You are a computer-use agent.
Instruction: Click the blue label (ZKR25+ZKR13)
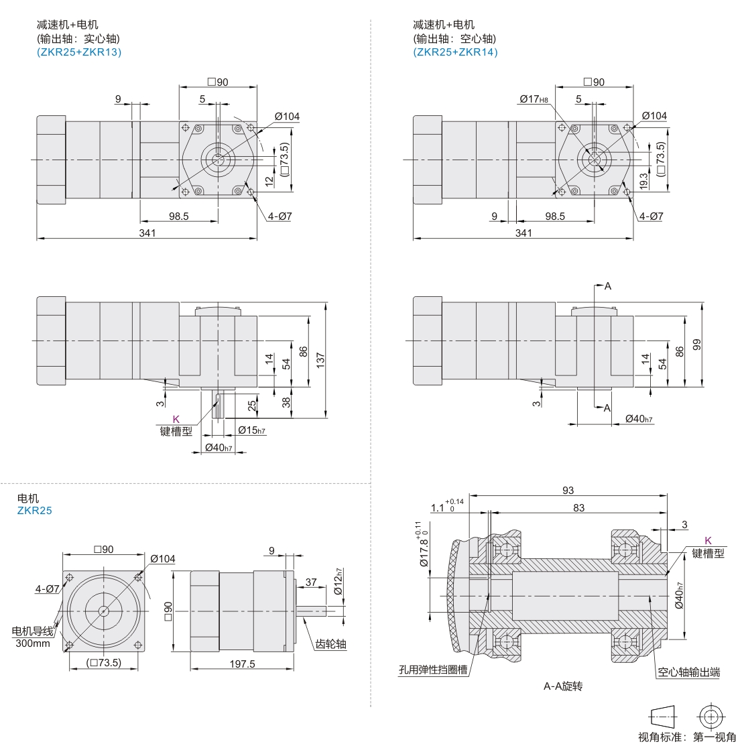pos(79,52)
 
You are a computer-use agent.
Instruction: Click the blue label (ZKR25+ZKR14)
pos(456,52)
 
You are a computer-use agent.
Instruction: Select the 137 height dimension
pos(320,360)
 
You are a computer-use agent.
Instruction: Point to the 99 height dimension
pos(696,345)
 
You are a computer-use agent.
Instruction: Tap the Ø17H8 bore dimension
pos(534,99)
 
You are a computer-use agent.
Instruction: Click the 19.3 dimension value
pos(644,181)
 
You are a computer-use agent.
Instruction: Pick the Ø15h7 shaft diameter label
pos(251,430)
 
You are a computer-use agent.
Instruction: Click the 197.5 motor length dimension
pos(242,664)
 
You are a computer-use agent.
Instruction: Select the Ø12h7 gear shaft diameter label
pos(338,582)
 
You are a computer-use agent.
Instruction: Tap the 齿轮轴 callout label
pos(330,644)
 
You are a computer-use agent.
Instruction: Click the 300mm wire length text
pos(33,643)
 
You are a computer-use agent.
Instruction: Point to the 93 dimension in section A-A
pos(568,490)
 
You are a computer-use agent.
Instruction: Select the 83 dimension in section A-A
pos(579,507)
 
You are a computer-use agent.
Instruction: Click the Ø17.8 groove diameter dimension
pos(423,545)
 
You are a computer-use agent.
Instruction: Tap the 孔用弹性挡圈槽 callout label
pos(433,670)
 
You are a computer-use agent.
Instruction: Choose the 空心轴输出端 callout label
pos(689,672)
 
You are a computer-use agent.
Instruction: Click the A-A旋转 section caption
pos(563,686)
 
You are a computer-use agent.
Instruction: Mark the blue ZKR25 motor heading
pos(35,511)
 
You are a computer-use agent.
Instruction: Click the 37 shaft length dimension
pos(311,582)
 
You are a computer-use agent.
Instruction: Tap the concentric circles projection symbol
pos(710,717)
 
